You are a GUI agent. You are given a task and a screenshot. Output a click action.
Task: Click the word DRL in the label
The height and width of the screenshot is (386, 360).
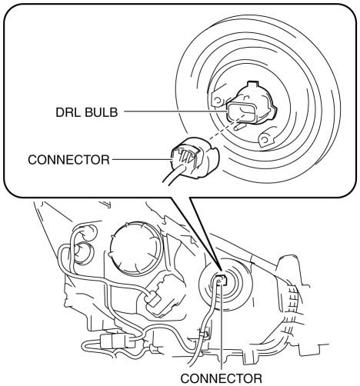68,112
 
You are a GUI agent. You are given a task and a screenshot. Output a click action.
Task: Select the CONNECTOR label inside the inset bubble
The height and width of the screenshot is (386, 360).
68,160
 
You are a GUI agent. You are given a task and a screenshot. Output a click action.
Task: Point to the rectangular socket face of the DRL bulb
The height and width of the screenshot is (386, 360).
241,112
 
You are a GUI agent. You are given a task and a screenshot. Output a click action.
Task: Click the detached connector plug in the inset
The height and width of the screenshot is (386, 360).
195,158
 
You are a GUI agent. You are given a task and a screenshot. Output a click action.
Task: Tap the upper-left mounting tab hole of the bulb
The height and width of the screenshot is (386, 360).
217,100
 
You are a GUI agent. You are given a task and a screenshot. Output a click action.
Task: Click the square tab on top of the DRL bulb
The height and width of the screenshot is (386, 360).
252,85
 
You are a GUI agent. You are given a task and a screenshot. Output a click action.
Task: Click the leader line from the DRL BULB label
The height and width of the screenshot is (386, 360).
175,111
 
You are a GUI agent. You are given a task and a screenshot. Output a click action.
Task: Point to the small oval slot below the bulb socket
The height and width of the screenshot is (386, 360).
239,126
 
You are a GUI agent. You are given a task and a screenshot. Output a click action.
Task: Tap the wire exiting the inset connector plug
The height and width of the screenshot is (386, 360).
173,174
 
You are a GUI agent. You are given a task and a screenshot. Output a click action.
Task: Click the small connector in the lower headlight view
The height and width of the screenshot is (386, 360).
222,280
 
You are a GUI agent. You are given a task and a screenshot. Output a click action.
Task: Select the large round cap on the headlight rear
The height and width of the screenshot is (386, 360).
136,248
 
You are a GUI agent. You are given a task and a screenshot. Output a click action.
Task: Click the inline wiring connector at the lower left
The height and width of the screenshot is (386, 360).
118,341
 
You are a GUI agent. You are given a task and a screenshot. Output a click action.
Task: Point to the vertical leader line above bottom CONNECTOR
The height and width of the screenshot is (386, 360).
221,325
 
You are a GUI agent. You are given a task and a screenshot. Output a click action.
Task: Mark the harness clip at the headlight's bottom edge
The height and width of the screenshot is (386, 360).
204,334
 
